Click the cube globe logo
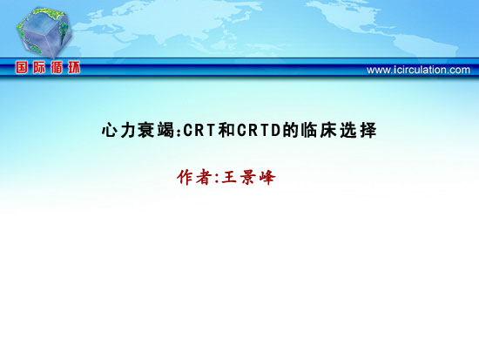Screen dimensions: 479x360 point(44,32)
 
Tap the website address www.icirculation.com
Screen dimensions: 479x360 point(418,70)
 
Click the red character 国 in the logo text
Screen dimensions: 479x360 point(22,67)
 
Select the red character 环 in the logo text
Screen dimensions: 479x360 point(74,67)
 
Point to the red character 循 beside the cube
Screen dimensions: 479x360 point(57,67)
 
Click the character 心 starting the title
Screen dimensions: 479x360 point(110,130)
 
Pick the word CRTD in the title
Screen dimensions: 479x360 point(259,130)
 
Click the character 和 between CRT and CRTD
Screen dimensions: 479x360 point(226,130)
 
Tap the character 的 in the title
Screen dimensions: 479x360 point(291,130)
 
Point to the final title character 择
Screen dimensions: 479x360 point(368,130)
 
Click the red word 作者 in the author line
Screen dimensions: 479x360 point(194,177)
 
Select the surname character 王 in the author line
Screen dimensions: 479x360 point(229,177)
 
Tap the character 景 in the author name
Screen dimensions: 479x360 point(248,177)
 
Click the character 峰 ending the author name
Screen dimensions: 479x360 point(267,177)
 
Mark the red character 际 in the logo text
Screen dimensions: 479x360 point(39,67)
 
